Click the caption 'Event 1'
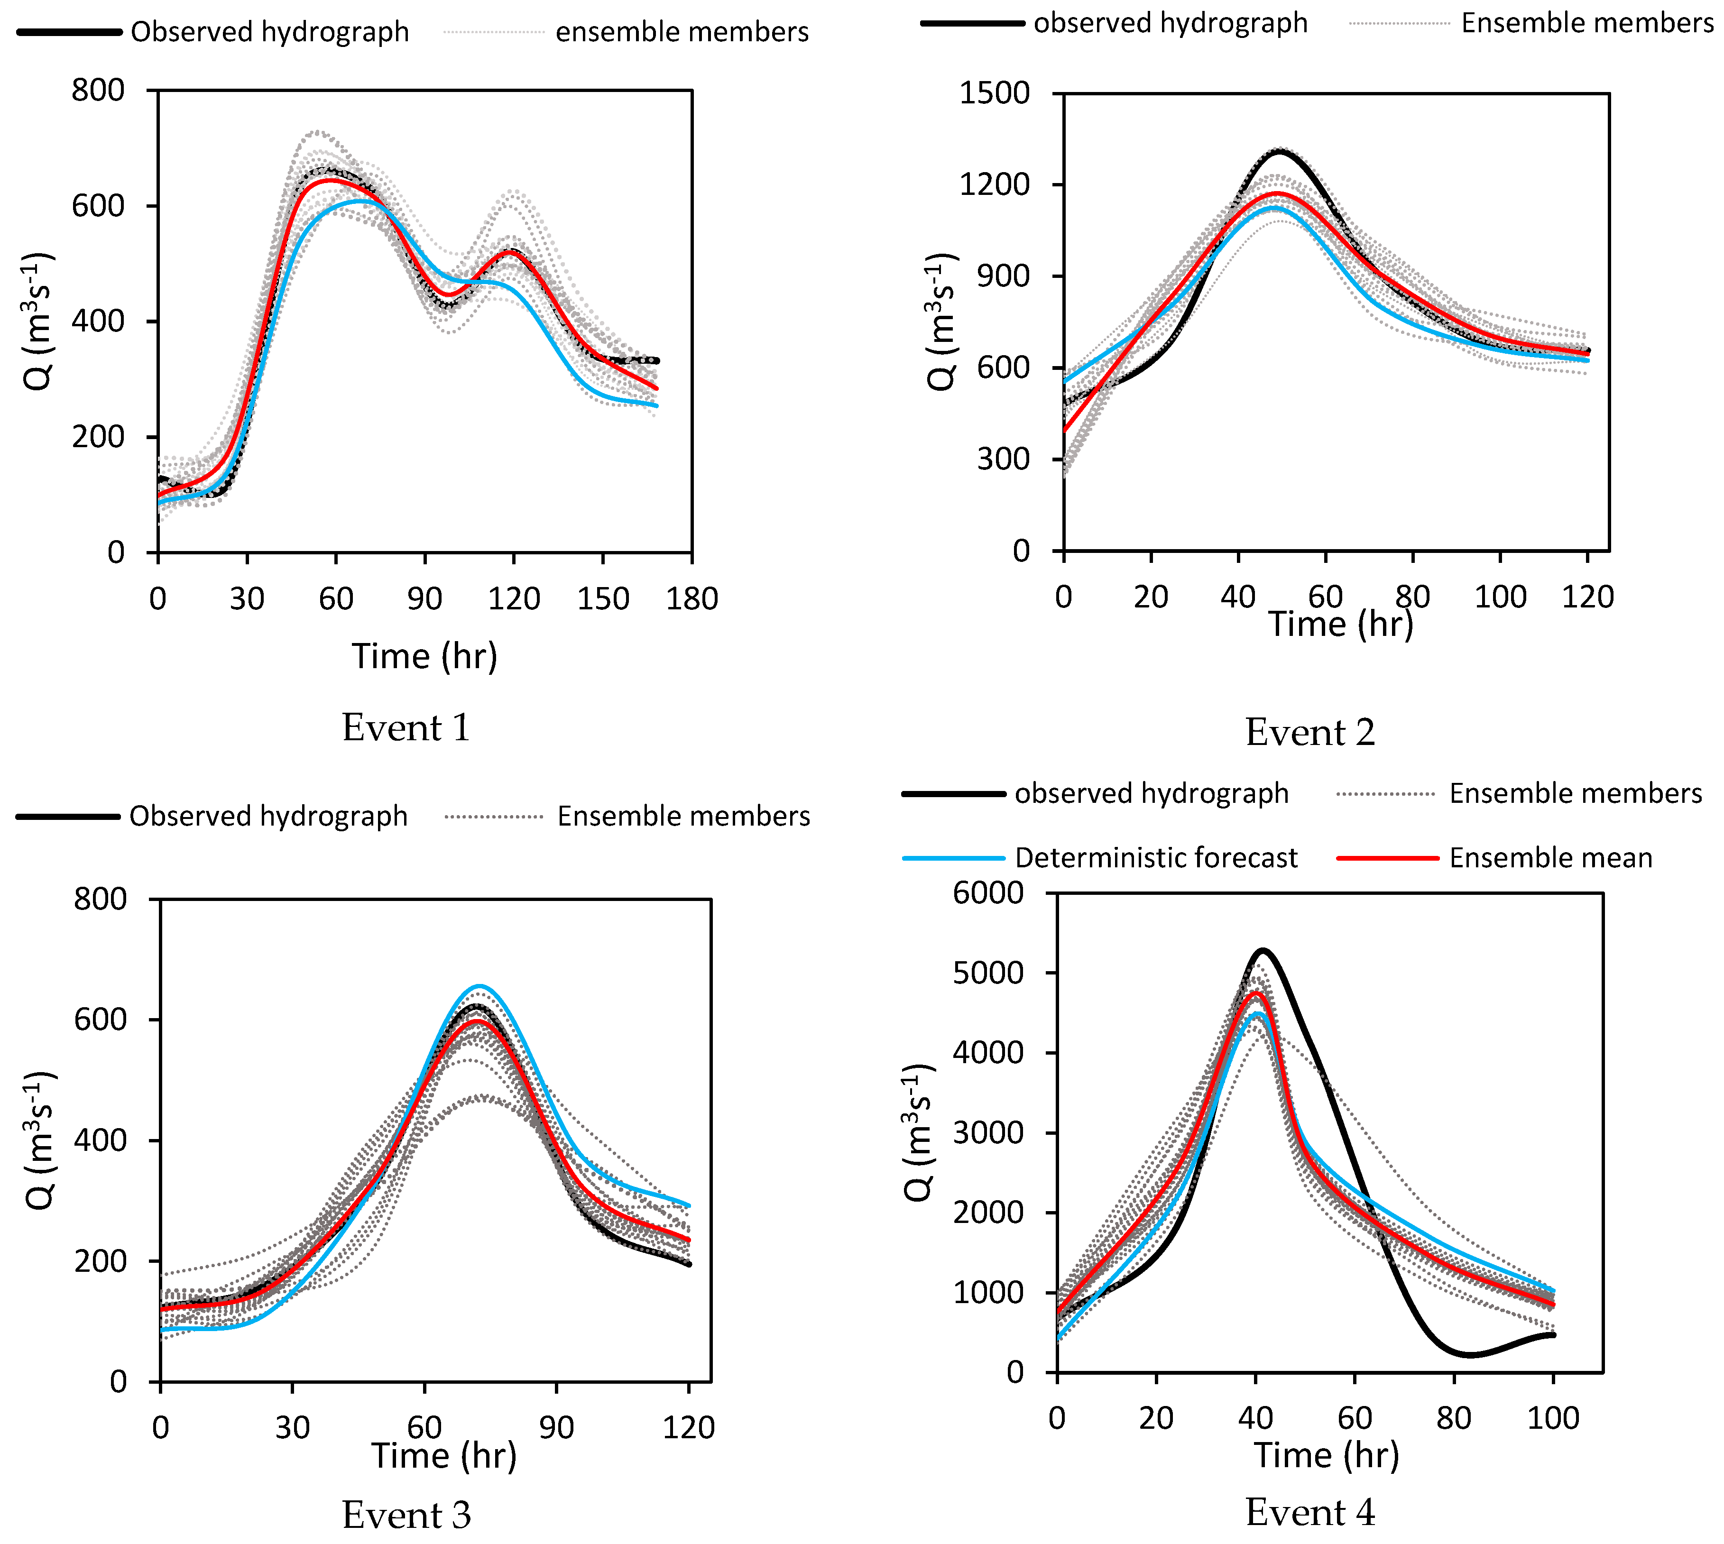coord(406,728)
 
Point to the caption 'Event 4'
coord(1310,1513)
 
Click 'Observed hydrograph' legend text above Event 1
coord(270,32)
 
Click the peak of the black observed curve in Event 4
coord(1263,950)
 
